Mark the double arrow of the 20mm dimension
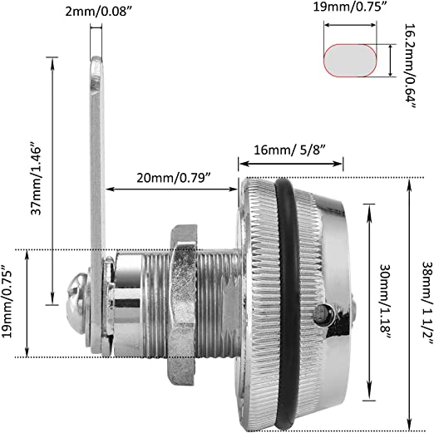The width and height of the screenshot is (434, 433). tap(171, 190)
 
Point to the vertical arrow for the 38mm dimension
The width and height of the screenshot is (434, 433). tap(407, 303)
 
